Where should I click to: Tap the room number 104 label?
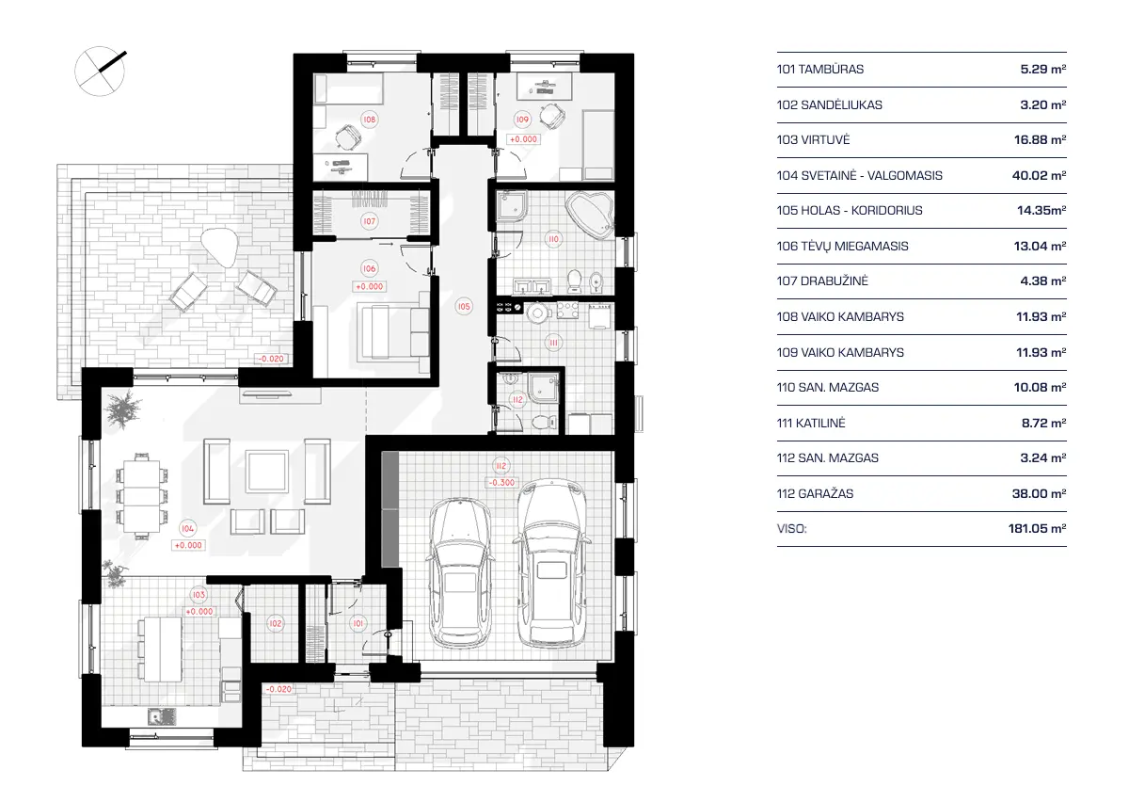pos(188,528)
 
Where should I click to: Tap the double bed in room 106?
pos(389,331)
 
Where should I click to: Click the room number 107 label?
pos(370,221)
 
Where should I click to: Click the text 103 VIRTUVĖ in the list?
pos(814,139)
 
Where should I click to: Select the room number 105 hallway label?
pos(463,306)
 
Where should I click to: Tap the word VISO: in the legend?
pos(792,529)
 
